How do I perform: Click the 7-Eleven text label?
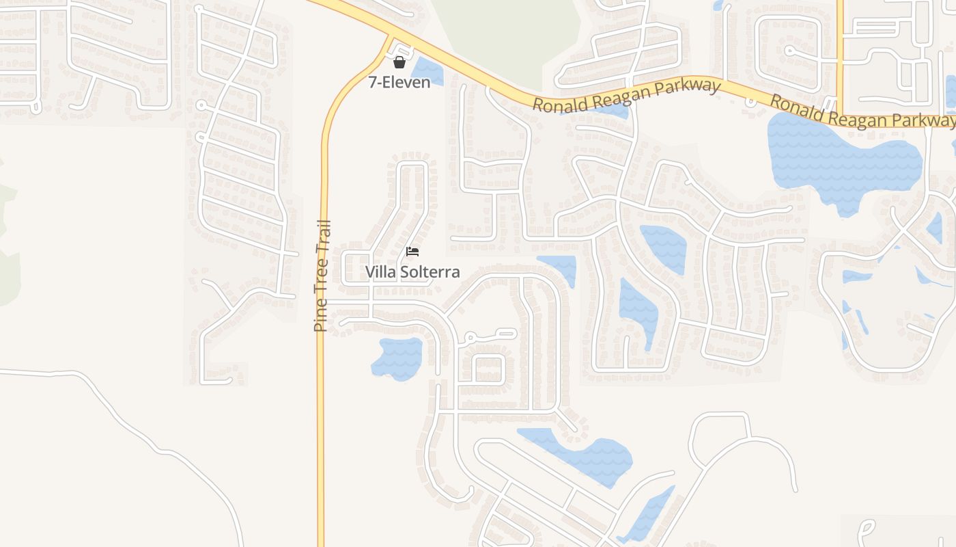coord(399,83)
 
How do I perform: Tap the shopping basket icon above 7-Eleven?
coord(399,62)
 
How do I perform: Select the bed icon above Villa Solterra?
coord(412,252)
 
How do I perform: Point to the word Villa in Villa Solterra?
coord(380,272)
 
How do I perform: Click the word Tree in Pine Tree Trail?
coord(322,277)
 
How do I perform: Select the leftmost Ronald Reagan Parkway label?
coord(626,96)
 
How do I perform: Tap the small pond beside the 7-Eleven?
coord(426,70)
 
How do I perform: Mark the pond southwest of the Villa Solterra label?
coord(398,358)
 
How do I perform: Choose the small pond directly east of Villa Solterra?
coord(559,267)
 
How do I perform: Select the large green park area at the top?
coord(509,31)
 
